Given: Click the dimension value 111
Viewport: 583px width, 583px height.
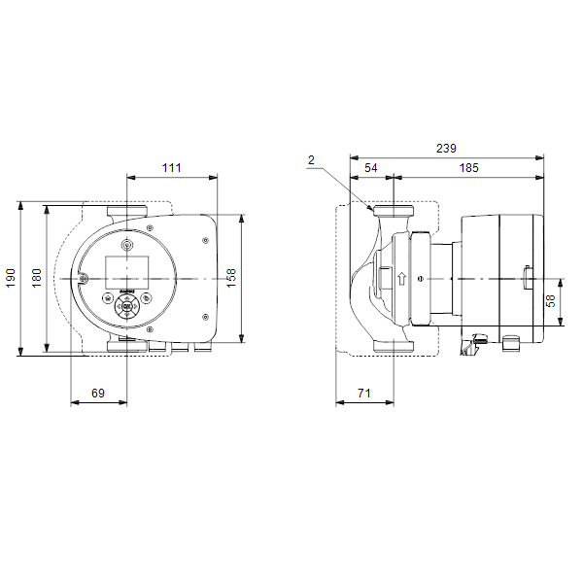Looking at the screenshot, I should tap(171, 168).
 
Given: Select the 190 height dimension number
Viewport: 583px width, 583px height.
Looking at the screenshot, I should tap(12, 279).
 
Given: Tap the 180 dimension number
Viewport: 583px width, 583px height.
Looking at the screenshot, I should tap(37, 279).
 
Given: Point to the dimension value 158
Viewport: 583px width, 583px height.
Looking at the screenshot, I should tap(231, 279).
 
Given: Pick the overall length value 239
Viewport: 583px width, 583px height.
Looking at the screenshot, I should tap(445, 149).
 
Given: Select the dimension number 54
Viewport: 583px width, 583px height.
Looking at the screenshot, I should tap(370, 168).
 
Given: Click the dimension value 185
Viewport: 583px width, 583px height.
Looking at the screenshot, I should tap(468, 168).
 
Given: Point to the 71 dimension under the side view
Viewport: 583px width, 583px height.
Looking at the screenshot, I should tap(363, 393).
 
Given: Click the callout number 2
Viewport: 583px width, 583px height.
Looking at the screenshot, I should tap(311, 158).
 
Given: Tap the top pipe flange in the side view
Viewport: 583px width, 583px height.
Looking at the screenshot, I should tap(392, 211).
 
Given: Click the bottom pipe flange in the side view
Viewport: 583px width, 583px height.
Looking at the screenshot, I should tap(392, 346).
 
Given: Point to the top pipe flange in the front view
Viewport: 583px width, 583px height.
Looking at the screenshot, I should tap(127, 211).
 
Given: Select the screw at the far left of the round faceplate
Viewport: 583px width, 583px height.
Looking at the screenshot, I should tap(85, 279).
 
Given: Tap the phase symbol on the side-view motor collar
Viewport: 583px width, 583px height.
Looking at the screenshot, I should tap(420, 279).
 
